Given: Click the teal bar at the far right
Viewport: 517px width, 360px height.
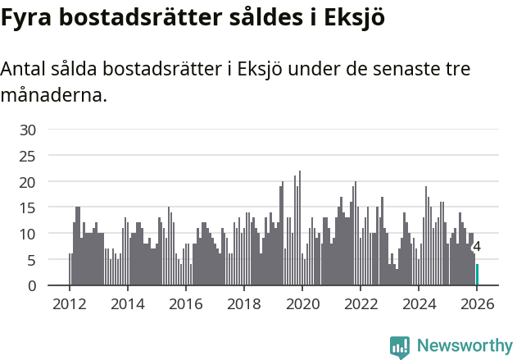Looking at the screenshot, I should click(477, 275).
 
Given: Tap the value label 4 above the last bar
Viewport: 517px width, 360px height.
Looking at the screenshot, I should click(477, 247).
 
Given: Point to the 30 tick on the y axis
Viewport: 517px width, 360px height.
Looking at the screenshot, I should click(28, 130).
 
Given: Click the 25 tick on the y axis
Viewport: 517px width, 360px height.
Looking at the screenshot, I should click(28, 156).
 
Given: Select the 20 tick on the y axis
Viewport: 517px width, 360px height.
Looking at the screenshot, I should click(28, 182).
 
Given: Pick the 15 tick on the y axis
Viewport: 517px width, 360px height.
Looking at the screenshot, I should click(28, 207).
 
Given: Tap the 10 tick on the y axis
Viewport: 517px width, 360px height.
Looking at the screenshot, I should click(28, 234).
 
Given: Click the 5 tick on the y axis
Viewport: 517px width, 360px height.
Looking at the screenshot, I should click(31, 260).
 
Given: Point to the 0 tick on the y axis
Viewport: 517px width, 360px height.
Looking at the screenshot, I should click(31, 286).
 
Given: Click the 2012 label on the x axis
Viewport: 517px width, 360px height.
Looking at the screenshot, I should click(69, 303).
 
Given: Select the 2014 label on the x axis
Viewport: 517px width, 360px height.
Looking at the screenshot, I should click(127, 303).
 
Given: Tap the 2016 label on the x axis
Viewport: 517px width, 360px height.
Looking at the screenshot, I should click(185, 303).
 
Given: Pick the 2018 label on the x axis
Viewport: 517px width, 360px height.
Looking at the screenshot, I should click(243, 303).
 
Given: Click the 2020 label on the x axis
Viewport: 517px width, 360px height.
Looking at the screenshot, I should click(302, 303).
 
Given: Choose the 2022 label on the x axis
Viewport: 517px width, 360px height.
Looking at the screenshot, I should click(361, 303).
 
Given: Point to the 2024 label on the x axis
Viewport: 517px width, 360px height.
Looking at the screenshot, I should click(419, 303).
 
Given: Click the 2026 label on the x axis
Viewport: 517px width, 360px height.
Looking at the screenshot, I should click(477, 303).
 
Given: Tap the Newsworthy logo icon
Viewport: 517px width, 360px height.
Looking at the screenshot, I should click(399, 346).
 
